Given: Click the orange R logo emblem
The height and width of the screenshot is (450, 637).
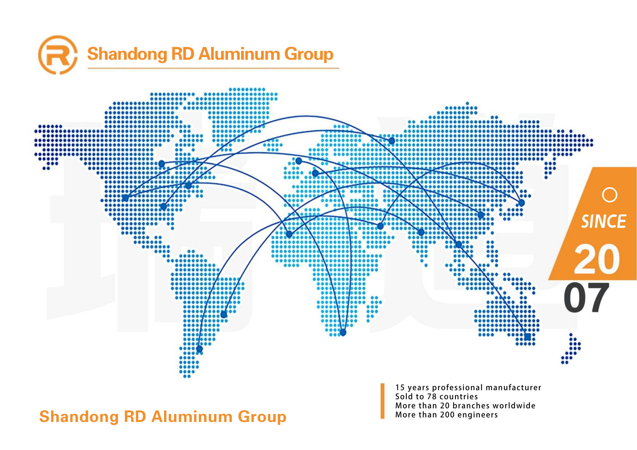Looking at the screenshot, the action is click(x=58, y=55).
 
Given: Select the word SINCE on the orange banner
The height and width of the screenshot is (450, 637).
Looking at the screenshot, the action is click(x=604, y=221).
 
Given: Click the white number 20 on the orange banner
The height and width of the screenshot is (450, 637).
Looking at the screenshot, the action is click(x=597, y=259).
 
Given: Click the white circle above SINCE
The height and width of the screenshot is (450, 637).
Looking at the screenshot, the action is click(x=609, y=195).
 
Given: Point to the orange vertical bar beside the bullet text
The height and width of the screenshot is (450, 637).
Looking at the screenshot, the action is click(x=382, y=401).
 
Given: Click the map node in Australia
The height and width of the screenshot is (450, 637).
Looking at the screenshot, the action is click(x=527, y=337).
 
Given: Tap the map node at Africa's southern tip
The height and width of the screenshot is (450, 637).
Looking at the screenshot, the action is click(x=343, y=332).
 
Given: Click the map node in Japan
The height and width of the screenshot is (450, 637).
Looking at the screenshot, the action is click(x=521, y=203).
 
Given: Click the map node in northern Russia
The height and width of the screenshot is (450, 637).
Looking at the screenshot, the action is click(x=392, y=141).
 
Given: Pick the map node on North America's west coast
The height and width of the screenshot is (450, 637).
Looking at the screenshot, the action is click(x=125, y=198).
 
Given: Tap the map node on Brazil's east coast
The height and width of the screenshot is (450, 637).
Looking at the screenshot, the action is click(x=224, y=315).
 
